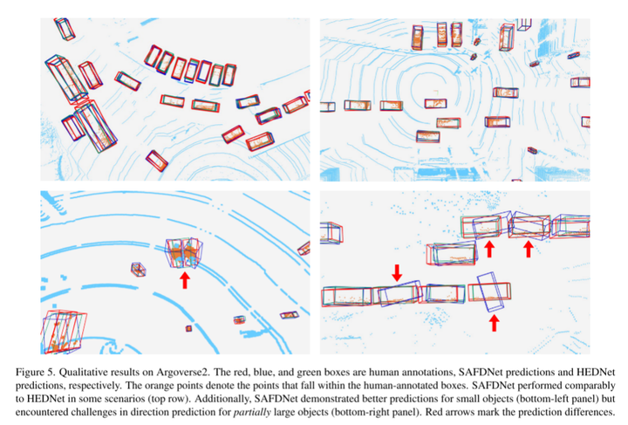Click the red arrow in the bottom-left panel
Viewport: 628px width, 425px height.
click(x=184, y=280)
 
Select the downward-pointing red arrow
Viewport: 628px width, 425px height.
click(x=397, y=272)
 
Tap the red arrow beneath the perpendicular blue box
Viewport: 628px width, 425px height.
click(x=495, y=323)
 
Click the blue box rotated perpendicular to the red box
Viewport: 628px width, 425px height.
click(x=490, y=291)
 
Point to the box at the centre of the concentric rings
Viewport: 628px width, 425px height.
click(x=435, y=103)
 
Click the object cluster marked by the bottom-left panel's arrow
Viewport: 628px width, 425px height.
click(x=184, y=252)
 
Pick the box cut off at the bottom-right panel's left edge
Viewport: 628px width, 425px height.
click(x=331, y=233)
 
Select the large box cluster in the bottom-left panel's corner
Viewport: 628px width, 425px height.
click(x=64, y=332)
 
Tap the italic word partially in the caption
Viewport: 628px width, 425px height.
click(x=252, y=412)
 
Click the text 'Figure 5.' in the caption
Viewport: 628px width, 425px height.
click(x=36, y=372)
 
